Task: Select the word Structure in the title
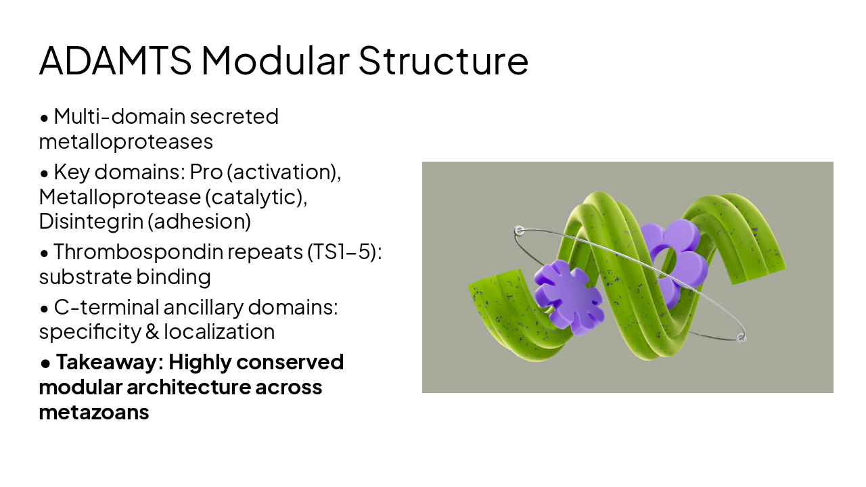click(x=443, y=61)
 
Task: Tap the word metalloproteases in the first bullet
click(x=126, y=141)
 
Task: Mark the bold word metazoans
click(x=94, y=411)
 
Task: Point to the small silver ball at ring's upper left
click(x=520, y=231)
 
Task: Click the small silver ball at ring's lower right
click(x=741, y=337)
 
